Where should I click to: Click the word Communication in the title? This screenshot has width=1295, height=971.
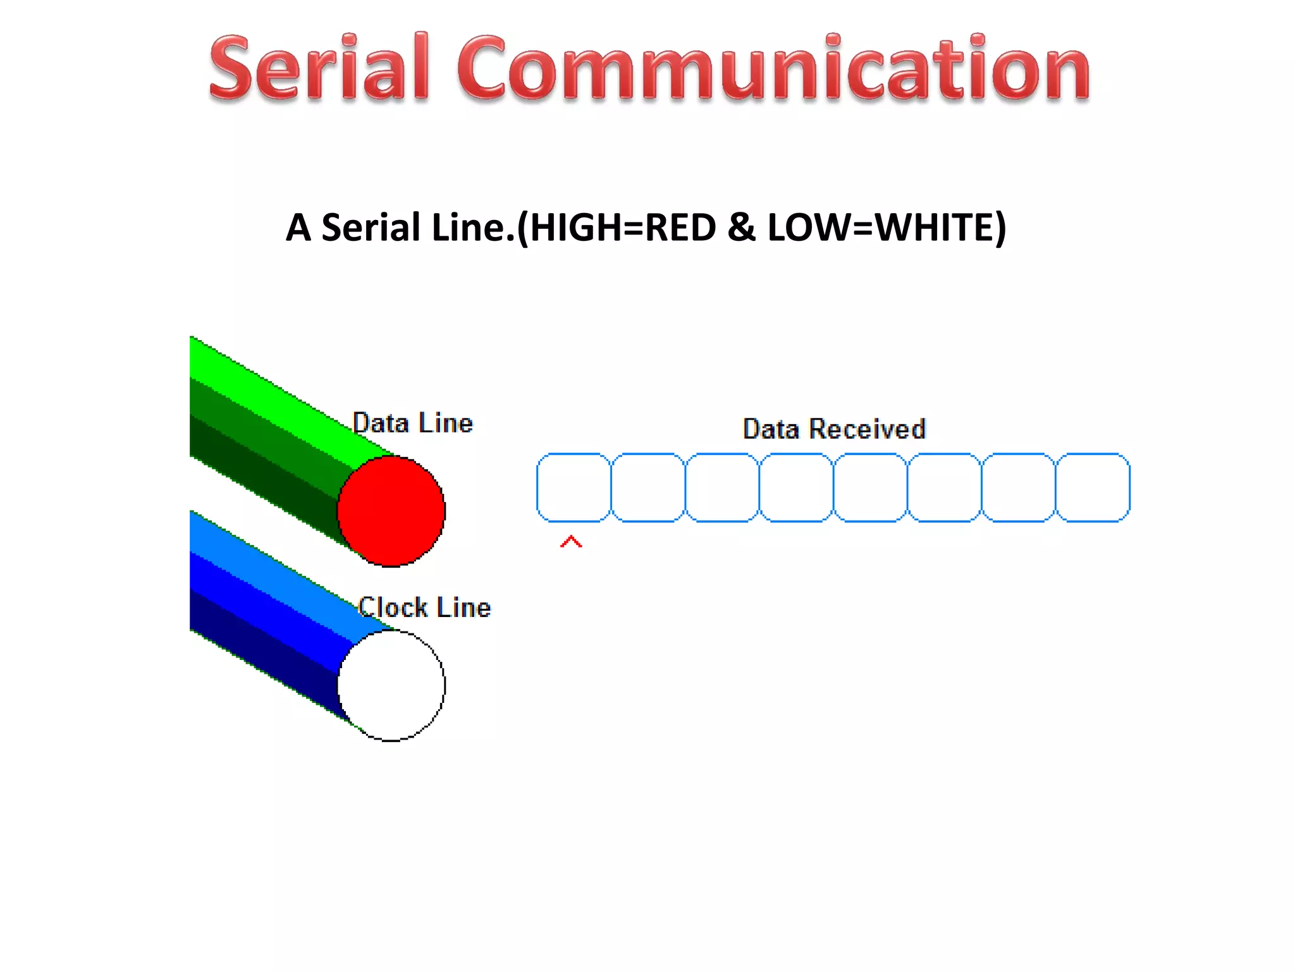point(773,68)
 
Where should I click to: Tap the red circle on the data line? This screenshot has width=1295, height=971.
point(391,511)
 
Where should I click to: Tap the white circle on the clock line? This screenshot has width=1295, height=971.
point(391,685)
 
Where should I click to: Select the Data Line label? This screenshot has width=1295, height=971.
point(412,423)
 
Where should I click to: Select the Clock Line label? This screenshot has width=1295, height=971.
point(424,608)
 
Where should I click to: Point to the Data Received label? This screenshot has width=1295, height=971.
point(834,429)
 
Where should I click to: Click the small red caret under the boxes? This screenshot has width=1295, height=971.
point(571,542)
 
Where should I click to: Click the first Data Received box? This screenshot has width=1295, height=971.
point(574,487)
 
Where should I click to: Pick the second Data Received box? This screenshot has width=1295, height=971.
point(648,487)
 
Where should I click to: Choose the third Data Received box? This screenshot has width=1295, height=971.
point(722,487)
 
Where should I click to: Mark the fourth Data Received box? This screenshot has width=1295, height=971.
point(796,487)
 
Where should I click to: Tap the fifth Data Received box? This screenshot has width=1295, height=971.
point(870,487)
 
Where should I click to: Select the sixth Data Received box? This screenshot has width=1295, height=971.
point(944,487)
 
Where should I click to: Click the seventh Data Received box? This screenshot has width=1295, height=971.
point(1019,487)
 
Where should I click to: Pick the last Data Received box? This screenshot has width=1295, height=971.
point(1093,487)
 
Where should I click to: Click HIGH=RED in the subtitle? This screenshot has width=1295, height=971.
point(623,228)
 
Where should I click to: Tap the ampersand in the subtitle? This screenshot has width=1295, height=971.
point(741,228)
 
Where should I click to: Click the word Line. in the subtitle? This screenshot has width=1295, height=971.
point(473,228)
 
